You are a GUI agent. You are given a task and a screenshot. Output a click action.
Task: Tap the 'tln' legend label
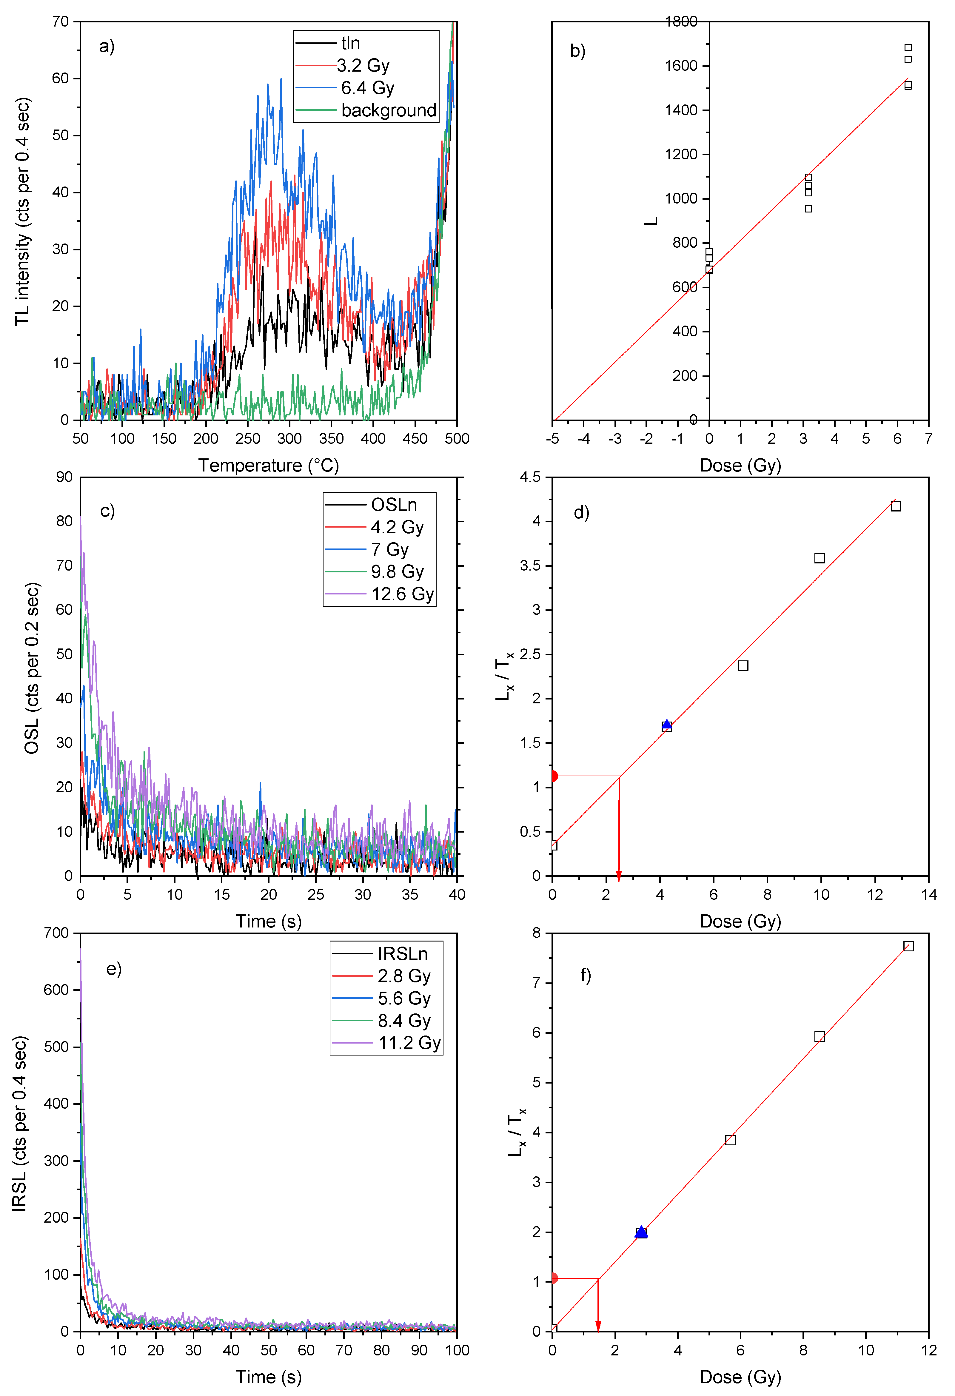350,43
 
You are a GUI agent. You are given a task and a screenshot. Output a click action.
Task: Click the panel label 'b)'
578,51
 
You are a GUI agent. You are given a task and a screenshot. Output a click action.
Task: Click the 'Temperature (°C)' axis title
269,466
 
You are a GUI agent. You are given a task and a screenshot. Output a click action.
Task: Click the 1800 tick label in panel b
680,21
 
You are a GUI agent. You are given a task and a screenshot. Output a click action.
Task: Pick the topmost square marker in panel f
908,946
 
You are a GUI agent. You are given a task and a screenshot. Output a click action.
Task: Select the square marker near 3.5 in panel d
819,558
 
